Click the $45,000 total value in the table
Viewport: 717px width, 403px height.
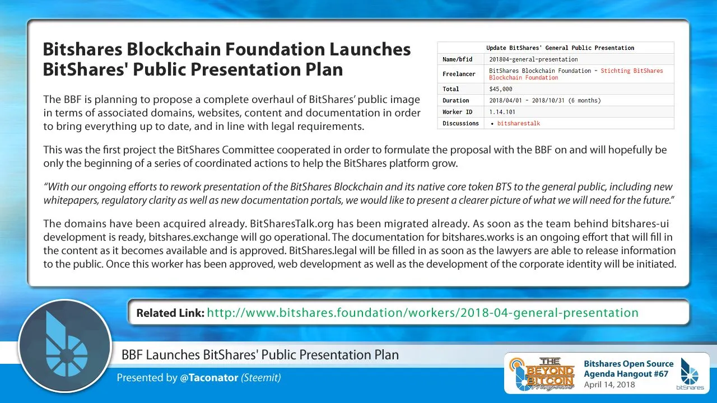[x=501, y=89]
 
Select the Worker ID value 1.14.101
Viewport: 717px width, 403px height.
[x=502, y=112]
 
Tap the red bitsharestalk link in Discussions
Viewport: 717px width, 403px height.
[x=519, y=124]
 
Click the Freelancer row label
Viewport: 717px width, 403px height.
[x=459, y=74]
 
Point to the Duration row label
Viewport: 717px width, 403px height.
[x=456, y=100]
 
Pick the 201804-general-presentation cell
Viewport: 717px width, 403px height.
[x=534, y=59]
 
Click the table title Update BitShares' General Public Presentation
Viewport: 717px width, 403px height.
[x=560, y=48]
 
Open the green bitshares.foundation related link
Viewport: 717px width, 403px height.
[x=422, y=313]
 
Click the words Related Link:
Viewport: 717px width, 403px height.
[x=170, y=313]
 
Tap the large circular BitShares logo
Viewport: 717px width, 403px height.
[x=65, y=346]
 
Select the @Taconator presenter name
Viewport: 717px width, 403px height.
[x=209, y=378]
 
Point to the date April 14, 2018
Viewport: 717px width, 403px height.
[x=609, y=385]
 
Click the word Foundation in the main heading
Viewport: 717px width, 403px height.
[x=275, y=49]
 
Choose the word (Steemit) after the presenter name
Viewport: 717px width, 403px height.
[x=261, y=378]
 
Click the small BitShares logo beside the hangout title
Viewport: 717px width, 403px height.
[x=690, y=374]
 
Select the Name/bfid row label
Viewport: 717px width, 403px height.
[x=458, y=59]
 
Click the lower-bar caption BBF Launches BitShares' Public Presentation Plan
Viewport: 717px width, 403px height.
[x=260, y=355]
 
